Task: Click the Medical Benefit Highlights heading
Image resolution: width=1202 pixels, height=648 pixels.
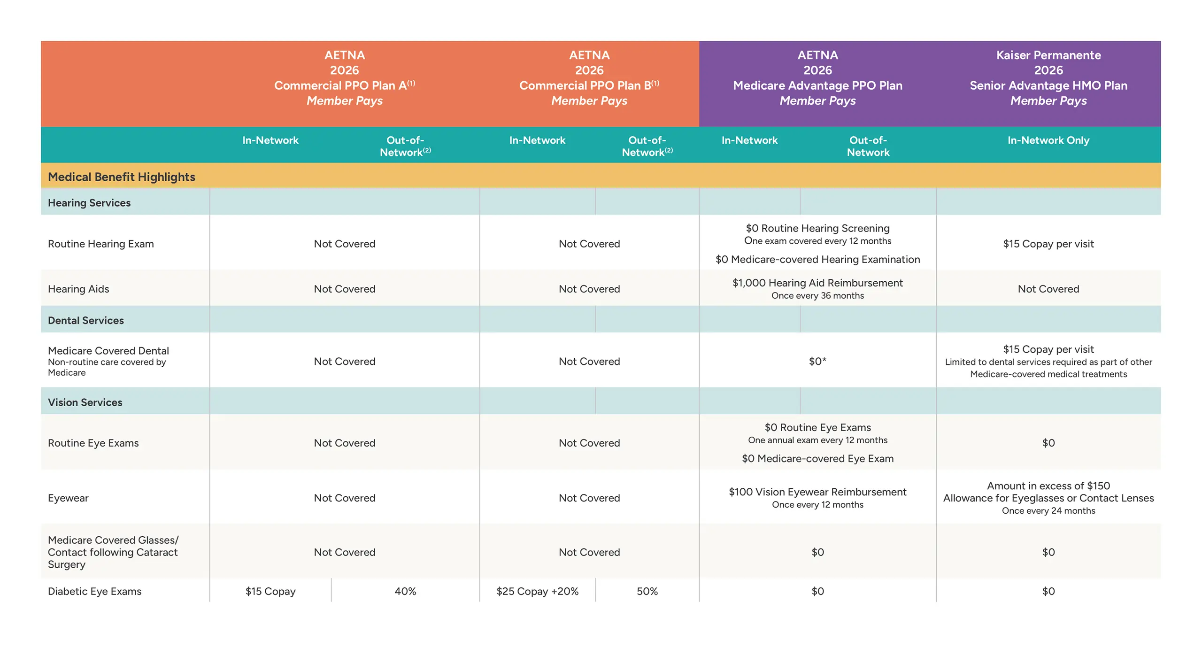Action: coord(121,177)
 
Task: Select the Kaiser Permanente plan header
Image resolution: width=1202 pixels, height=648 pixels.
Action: coord(1048,55)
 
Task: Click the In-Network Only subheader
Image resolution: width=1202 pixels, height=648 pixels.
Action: coord(1048,140)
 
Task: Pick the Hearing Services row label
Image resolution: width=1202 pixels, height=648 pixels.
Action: coord(89,203)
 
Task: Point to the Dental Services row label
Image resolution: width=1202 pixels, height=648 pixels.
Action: coord(86,320)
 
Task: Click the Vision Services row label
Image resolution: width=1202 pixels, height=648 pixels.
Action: coord(85,402)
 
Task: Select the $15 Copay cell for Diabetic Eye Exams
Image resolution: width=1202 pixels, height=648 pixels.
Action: coord(270,591)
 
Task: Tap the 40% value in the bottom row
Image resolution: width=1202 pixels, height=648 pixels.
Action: coord(405,591)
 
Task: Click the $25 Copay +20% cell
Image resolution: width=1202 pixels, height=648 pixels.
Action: coord(537,591)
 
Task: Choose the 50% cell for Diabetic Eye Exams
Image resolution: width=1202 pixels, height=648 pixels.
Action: coord(647,591)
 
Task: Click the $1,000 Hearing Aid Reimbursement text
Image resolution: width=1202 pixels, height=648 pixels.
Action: coord(817,283)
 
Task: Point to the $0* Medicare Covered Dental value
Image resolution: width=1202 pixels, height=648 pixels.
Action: coord(817,361)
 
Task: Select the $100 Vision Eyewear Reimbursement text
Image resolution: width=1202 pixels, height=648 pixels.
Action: coord(817,492)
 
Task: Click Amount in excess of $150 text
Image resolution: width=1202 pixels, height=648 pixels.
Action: coord(1048,486)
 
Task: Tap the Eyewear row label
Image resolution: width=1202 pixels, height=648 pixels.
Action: coord(68,498)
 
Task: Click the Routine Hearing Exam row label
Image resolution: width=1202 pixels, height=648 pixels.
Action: coord(100,244)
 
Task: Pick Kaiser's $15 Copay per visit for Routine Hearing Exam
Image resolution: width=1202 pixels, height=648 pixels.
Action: coord(1048,244)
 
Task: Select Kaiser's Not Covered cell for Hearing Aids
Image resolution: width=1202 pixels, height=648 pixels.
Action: coord(1048,289)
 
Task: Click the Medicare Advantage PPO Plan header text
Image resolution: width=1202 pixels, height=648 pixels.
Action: coord(817,85)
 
